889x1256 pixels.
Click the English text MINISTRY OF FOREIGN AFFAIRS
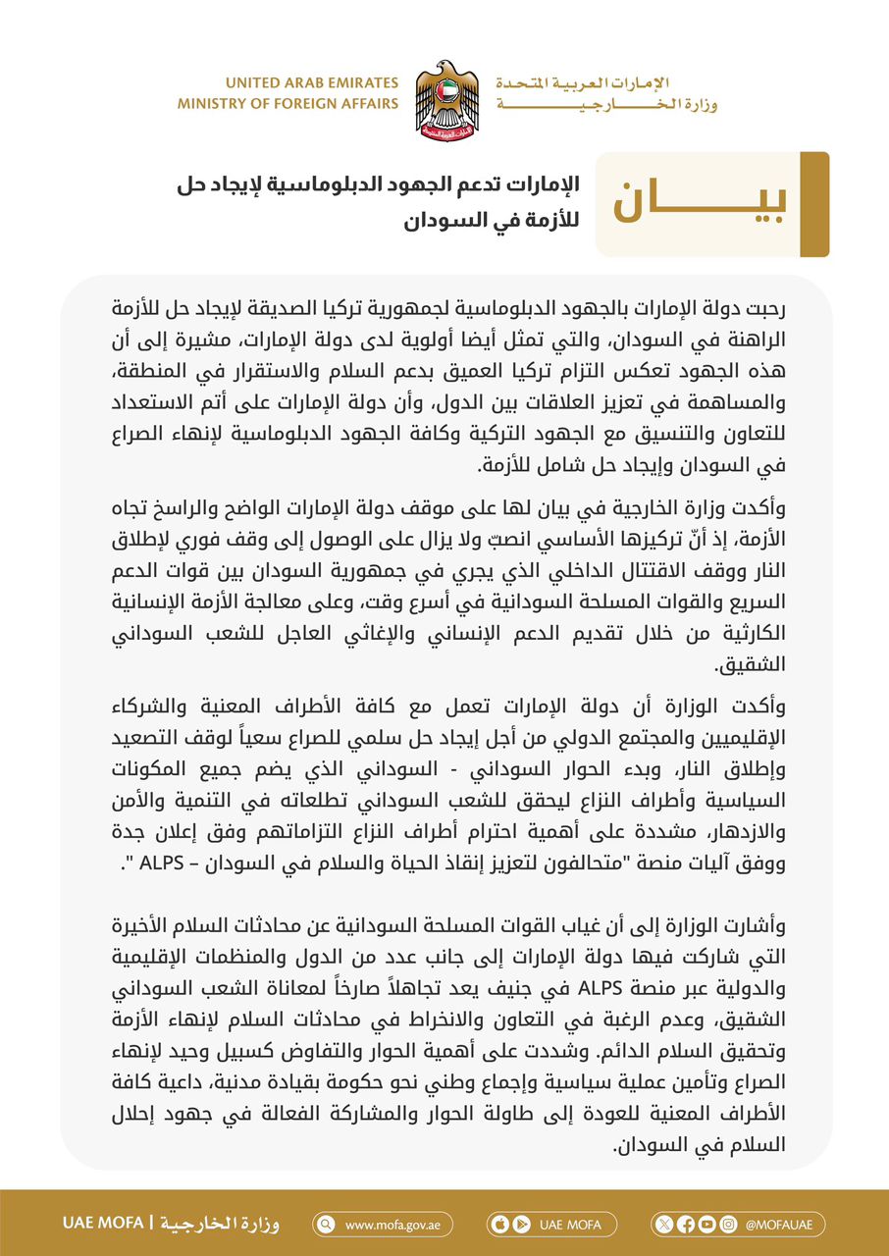click(x=288, y=103)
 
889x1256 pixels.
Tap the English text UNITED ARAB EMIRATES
click(x=312, y=83)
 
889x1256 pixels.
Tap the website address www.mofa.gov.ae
click(x=386, y=1224)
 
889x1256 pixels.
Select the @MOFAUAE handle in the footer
click(x=780, y=1224)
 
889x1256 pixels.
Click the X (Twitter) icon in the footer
click(x=666, y=1224)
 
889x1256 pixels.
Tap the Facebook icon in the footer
click(x=686, y=1224)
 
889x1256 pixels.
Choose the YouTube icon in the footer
click(x=706, y=1224)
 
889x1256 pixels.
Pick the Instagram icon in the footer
click(x=727, y=1224)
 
